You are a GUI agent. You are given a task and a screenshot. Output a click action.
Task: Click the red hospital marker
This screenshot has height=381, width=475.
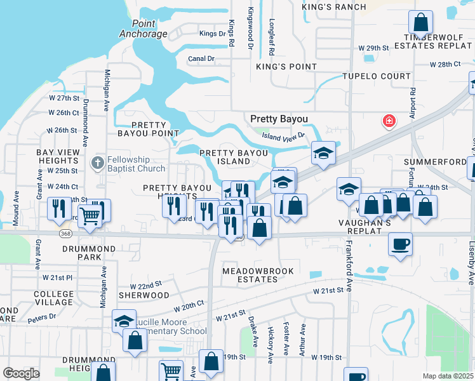pos(388,120)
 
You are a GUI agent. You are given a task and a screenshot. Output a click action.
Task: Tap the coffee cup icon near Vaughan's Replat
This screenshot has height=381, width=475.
pos(400,243)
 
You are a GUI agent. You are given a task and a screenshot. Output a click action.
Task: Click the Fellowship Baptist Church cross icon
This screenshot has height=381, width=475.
pos(97,163)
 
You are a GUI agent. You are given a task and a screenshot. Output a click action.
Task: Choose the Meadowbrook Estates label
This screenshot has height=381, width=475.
pos(258,275)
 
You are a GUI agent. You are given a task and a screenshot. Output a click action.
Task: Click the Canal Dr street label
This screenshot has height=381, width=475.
pos(201,58)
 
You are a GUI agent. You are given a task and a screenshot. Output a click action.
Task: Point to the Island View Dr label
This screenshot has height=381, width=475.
pos(284,135)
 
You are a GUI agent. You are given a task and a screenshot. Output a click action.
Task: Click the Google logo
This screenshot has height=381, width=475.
pos(21,373)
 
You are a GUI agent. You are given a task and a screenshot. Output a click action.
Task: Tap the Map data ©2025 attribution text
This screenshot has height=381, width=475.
pos(448,376)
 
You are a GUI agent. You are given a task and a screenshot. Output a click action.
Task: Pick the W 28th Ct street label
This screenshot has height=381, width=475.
pos(445,65)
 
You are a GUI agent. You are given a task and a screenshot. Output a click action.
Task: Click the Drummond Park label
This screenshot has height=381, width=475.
pos(81,253)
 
